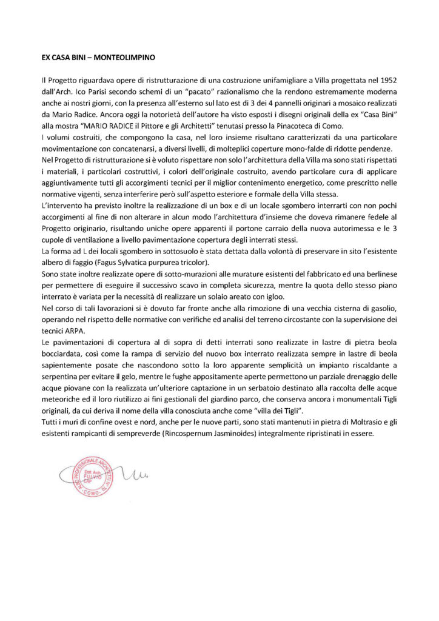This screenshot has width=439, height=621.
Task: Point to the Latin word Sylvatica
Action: [x=130, y=264]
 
